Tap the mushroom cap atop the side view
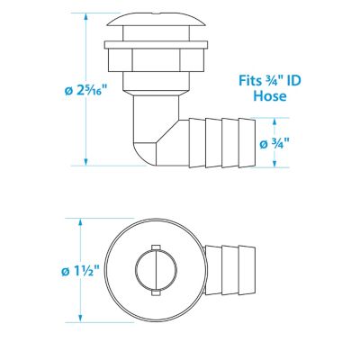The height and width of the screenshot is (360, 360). (x=150, y=24)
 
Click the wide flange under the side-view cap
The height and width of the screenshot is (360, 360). (x=150, y=41)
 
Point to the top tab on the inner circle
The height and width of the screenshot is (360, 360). (x=155, y=247)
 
